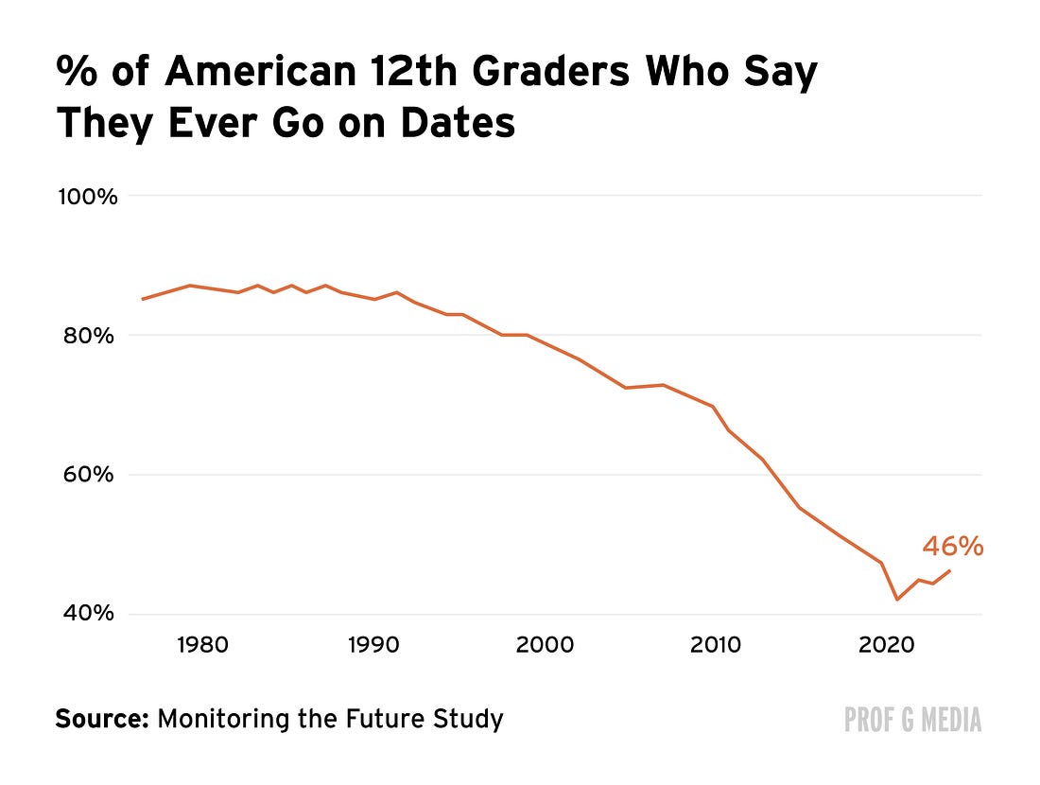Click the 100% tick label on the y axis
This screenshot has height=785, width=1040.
tap(88, 197)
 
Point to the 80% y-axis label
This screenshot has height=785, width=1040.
tap(89, 336)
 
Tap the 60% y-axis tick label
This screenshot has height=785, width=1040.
tap(89, 475)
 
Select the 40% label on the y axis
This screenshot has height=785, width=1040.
tap(89, 613)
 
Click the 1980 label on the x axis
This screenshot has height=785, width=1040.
tap(202, 644)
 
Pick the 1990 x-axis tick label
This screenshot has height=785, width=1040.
tap(373, 644)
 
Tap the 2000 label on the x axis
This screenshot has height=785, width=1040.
tap(545, 644)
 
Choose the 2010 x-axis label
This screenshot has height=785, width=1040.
tap(715, 644)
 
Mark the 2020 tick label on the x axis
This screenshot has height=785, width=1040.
tap(886, 644)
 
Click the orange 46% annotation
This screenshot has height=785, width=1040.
tap(952, 547)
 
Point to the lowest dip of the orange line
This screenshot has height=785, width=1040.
tap(897, 600)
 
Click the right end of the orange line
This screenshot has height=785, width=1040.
tap(950, 570)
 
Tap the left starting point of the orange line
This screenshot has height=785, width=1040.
tap(143, 299)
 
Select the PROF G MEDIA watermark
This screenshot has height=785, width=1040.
tap(912, 720)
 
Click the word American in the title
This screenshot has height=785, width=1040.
tap(261, 70)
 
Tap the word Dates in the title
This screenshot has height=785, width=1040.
tap(458, 123)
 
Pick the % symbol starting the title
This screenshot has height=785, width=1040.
tap(77, 71)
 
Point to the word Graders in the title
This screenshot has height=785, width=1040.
tap(550, 70)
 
